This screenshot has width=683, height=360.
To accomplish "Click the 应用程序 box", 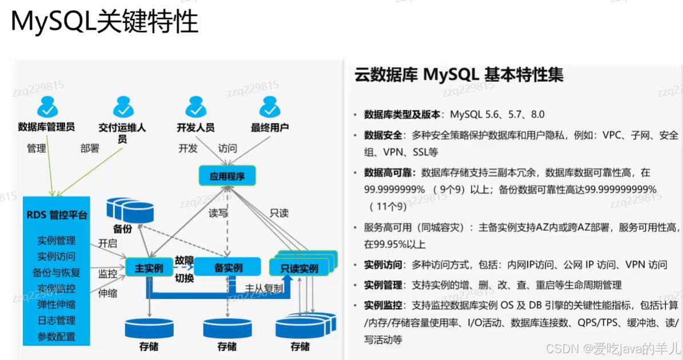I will pyautogui.click(x=227, y=176).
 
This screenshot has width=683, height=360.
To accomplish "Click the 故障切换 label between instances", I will pyautogui.click(x=184, y=268).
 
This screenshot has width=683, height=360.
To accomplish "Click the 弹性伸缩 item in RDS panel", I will pyautogui.click(x=57, y=304).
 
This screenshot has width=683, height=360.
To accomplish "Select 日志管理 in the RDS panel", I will pyautogui.click(x=57, y=320).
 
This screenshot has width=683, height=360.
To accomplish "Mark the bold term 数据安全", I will pyautogui.click(x=381, y=135).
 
